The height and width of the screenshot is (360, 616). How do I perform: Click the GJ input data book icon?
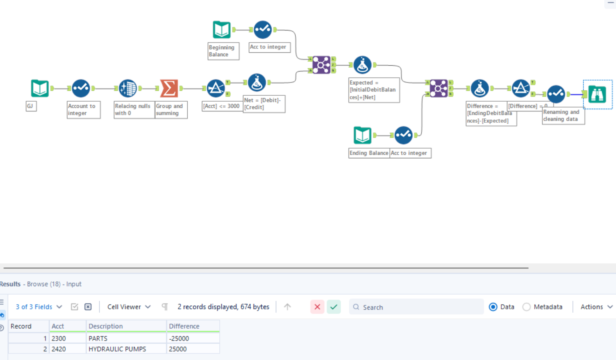40,88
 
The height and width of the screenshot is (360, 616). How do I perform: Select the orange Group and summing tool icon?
169,88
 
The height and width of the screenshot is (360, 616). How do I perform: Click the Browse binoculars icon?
597,94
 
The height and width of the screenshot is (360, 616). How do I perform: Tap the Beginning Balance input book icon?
221,30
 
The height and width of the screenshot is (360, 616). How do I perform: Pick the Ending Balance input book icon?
362,135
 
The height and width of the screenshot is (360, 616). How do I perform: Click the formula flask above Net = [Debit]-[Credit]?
257,82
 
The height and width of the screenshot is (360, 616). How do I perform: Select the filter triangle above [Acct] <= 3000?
216,88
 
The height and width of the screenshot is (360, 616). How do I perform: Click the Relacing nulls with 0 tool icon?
128,88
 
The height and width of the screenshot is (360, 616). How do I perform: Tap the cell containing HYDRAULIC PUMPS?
117,349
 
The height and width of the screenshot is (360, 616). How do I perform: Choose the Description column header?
106,326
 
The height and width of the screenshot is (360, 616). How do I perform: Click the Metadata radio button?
527,307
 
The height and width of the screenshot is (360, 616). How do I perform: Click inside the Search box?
418,307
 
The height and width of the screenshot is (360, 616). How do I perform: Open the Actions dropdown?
596,307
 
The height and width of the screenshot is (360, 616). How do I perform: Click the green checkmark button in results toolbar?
334,307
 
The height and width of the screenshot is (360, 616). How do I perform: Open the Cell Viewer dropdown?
129,307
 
